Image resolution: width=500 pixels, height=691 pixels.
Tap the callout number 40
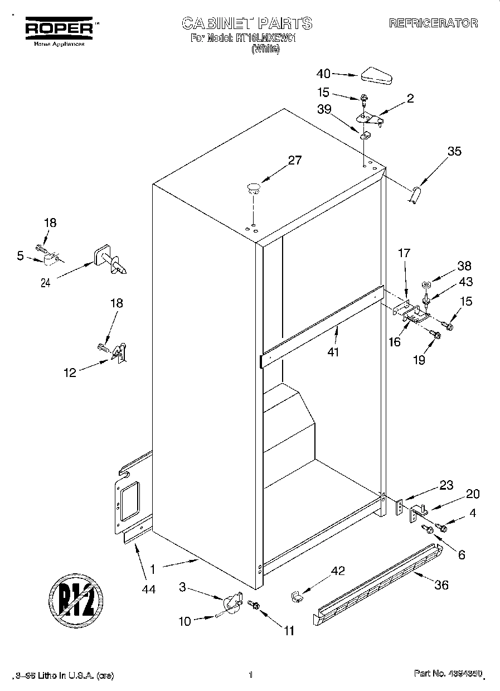tap(323, 74)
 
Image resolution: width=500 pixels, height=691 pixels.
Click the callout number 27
tap(294, 161)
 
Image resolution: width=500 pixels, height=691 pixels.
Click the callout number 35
tap(454, 151)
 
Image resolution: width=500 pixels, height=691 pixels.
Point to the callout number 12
tap(70, 373)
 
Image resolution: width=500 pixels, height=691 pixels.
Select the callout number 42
tap(338, 571)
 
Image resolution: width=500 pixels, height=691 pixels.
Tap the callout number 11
tap(288, 631)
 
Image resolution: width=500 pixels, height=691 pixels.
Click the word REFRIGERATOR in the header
tap(433, 23)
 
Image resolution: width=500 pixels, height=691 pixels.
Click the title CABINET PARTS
tap(247, 23)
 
